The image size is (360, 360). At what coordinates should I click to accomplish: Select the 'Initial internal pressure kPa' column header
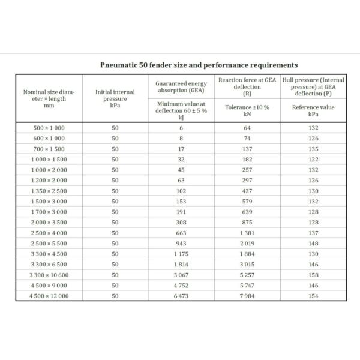click(115, 97)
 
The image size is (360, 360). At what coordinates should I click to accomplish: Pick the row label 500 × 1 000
click(49, 128)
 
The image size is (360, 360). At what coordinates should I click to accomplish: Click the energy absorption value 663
click(181, 232)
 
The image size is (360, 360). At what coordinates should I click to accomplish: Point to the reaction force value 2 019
click(247, 243)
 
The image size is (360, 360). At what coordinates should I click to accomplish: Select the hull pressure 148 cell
click(313, 243)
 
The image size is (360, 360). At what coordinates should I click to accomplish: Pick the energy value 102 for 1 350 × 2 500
click(181, 191)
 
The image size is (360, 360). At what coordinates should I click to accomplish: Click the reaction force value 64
click(247, 128)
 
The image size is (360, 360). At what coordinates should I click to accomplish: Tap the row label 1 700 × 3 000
click(49, 212)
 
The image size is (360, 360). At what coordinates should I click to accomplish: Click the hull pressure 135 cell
click(313, 149)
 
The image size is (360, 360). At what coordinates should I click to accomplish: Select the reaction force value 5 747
click(247, 285)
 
